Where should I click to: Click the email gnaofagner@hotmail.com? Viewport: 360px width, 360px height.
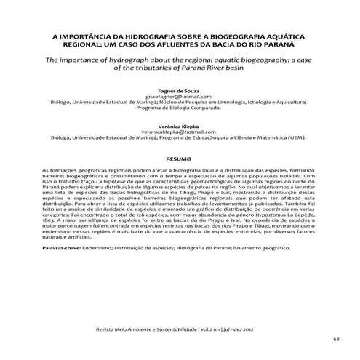tap(179, 96)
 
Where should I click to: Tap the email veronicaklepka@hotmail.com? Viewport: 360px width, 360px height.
tap(179, 131)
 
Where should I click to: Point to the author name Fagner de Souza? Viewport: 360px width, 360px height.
tap(179, 90)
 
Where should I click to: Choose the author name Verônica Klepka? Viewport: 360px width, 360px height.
tap(179, 125)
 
